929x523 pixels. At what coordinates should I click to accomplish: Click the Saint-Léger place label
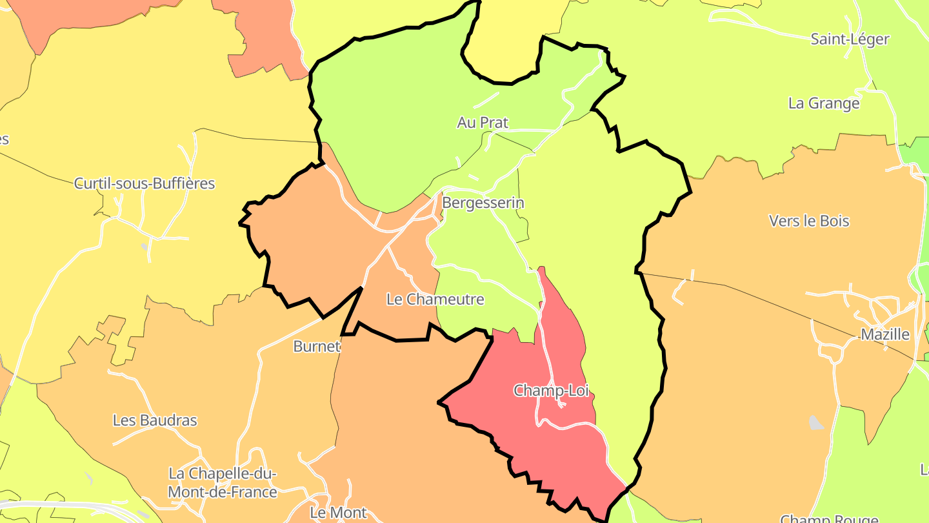tap(850, 39)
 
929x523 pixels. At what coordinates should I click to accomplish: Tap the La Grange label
tap(824, 103)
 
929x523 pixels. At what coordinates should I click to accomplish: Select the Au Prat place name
tap(483, 123)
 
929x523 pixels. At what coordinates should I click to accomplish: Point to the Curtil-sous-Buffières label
tap(145, 183)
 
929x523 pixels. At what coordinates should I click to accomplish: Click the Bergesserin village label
tap(483, 203)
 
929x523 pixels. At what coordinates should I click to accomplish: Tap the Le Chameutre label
tap(435, 300)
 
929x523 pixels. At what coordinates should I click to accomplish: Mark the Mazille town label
tap(885, 334)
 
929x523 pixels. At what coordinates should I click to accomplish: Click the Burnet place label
tap(316, 346)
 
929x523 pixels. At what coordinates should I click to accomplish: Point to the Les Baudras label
tap(155, 420)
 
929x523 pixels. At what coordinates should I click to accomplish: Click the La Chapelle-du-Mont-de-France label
tap(223, 483)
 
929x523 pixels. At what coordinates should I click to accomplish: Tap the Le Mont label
tap(338, 513)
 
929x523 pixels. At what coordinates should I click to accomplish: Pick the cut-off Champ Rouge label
tap(829, 518)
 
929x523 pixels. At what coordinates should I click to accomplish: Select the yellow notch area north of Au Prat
tap(503, 45)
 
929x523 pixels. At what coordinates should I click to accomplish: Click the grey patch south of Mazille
tap(816, 423)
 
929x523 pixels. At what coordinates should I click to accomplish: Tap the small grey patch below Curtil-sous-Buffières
tap(145, 247)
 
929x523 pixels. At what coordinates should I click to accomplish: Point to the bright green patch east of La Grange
tap(916, 152)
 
